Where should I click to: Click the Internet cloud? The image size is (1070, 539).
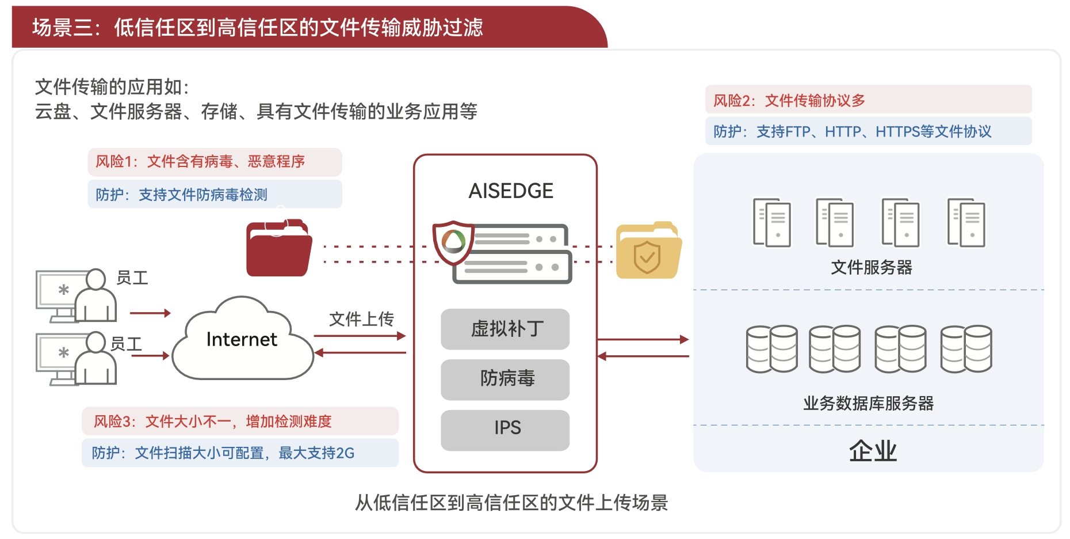click(x=242, y=340)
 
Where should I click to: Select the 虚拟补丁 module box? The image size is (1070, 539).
click(x=505, y=329)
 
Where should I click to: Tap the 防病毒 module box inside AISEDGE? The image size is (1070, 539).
click(x=505, y=379)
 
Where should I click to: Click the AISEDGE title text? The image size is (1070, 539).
click(x=511, y=191)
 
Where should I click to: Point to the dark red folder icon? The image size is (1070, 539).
click(x=279, y=249)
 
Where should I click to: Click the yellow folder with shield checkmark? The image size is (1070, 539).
click(x=648, y=252)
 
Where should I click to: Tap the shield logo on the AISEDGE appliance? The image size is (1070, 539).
click(x=453, y=242)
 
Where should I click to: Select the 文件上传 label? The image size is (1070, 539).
click(x=361, y=319)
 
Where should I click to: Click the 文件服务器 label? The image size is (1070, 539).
click(x=872, y=267)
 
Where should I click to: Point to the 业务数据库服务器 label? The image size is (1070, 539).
click(x=868, y=403)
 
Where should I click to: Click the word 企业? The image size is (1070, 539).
click(x=873, y=451)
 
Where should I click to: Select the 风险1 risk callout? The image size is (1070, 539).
click(x=215, y=162)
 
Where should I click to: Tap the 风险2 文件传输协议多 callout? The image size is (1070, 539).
click(x=868, y=100)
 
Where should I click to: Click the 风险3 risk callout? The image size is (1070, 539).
click(x=240, y=422)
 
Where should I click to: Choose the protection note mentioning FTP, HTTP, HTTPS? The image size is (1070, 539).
click(x=868, y=132)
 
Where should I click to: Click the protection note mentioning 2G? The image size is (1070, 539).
click(x=240, y=453)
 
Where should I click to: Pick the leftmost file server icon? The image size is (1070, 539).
click(x=772, y=222)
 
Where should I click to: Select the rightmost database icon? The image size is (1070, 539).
click(x=966, y=348)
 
